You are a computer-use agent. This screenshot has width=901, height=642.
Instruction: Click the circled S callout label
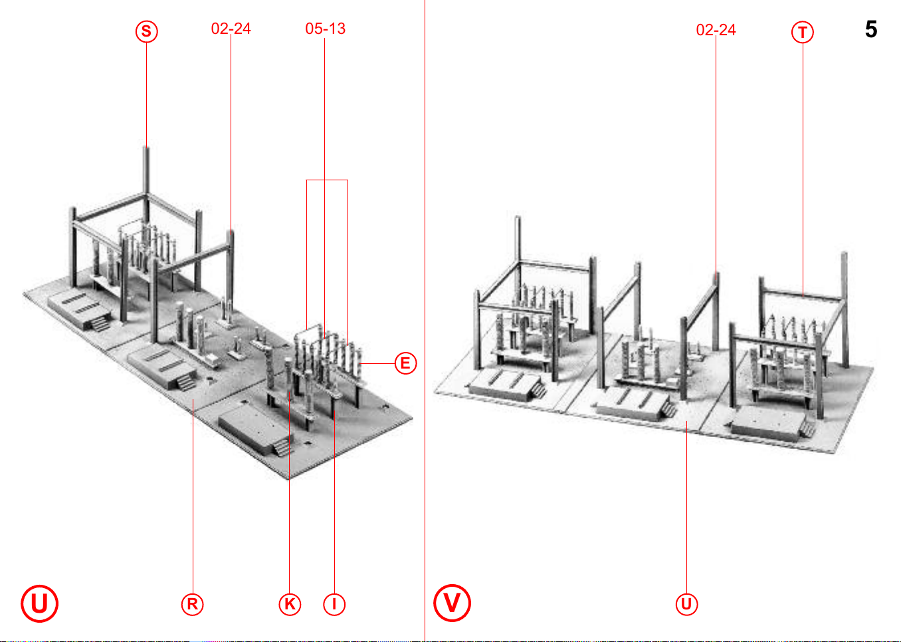tap(146, 31)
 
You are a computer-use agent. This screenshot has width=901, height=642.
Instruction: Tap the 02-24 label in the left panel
tap(231, 29)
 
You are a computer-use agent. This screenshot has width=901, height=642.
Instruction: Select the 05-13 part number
tap(325, 29)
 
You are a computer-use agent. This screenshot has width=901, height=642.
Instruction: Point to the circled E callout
tap(405, 363)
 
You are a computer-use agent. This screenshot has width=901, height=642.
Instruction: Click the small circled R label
tap(192, 604)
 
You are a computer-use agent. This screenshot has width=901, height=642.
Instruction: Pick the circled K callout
tap(290, 604)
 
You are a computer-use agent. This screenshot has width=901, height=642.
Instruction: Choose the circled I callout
tap(334, 604)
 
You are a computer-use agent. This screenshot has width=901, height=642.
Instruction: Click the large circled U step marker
tap(39, 603)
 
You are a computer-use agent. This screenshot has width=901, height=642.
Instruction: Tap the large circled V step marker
tap(452, 603)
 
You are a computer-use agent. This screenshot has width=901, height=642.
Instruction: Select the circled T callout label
tap(803, 32)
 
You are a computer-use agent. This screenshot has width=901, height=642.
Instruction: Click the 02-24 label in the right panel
tap(716, 30)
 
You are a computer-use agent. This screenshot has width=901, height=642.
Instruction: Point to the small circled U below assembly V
tap(686, 604)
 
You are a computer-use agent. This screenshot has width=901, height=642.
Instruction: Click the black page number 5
tap(871, 29)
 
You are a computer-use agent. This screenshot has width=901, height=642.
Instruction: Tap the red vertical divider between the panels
tap(425, 321)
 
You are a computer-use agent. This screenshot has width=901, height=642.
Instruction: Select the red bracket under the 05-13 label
tap(327, 180)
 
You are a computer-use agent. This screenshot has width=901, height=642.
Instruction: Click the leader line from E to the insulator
tap(377, 363)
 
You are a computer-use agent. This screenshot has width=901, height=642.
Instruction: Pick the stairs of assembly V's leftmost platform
tap(539, 390)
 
